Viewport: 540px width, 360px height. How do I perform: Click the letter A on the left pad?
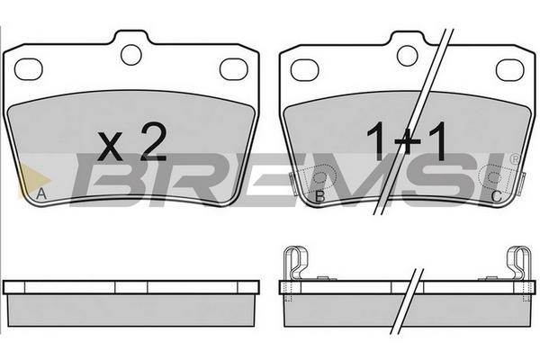click(41, 194)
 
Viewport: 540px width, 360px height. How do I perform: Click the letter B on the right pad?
click(320, 196)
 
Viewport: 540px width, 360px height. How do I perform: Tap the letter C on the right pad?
click(496, 196)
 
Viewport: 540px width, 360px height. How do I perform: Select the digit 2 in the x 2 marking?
click(154, 141)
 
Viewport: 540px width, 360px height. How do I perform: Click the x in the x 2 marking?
click(110, 147)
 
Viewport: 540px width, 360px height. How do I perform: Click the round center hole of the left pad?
click(131, 55)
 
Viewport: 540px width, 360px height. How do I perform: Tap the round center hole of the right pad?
click(408, 56)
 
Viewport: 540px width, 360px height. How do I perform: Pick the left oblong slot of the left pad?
click(28, 69)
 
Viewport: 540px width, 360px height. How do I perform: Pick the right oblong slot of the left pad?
click(234, 69)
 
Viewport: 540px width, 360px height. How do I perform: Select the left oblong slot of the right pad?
click(305, 70)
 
